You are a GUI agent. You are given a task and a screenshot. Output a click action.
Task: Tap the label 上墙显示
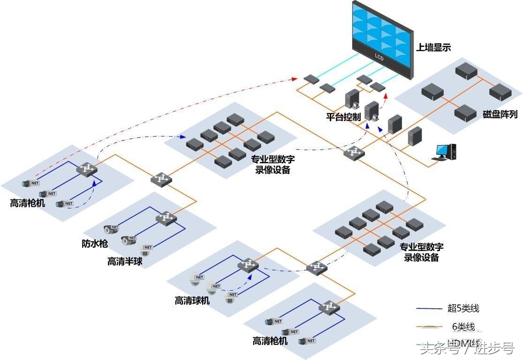(x=433, y=47)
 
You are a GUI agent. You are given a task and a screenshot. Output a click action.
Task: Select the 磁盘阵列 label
(x=500, y=114)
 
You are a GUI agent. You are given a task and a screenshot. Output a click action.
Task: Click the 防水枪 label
(x=95, y=244)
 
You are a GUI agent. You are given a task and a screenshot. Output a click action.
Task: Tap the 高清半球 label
(x=124, y=261)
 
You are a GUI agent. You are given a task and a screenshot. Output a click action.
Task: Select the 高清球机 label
(x=192, y=300)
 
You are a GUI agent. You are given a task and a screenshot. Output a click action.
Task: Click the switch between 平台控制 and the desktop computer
(x=354, y=153)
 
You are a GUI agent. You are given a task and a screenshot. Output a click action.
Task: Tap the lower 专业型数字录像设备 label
(x=421, y=252)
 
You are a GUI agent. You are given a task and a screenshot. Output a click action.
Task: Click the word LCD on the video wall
(x=379, y=57)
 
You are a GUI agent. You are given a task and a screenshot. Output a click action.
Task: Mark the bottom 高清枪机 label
(x=270, y=341)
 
